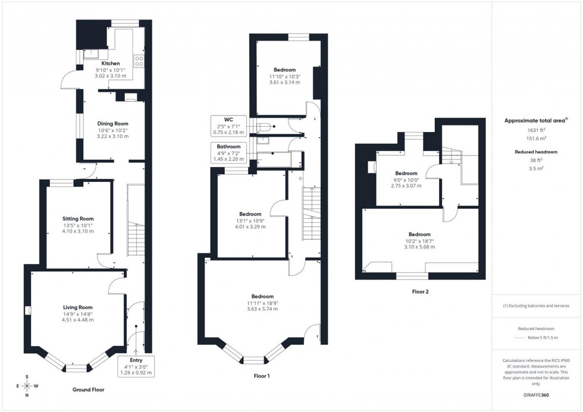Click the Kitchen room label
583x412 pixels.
point(110,64)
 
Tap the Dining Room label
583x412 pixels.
point(113,124)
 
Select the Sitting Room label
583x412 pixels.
point(78,219)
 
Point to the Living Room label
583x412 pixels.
point(78,307)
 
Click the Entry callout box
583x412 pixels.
point(137,366)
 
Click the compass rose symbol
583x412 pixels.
point(27,386)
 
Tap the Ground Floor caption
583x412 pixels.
point(89,390)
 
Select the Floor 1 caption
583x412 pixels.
point(261,376)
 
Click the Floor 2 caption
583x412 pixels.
point(420,292)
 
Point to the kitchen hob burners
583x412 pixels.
point(139,60)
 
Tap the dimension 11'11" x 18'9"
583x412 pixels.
point(262,303)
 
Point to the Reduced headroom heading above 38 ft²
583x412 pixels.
point(536,152)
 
